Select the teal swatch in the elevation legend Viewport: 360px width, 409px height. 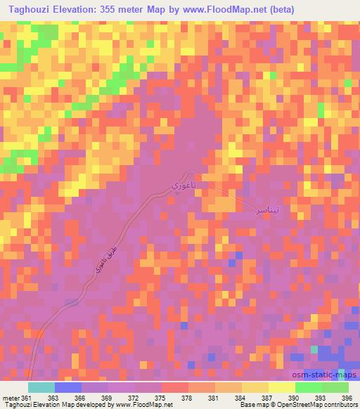click(x=41, y=387)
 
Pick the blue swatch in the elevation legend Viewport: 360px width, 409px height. click(x=67, y=387)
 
